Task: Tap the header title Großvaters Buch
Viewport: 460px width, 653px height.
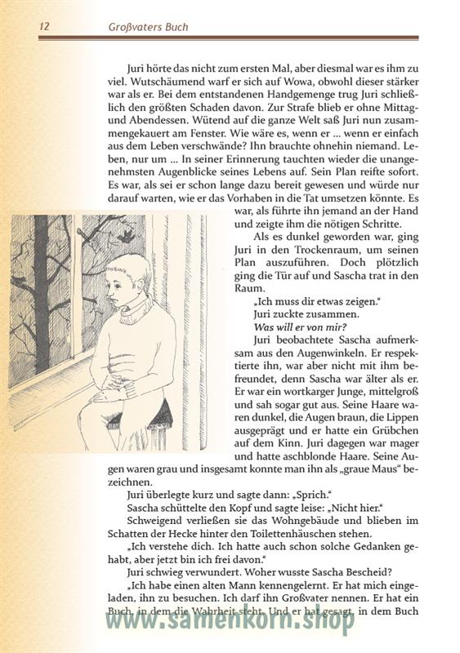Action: tap(149, 26)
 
